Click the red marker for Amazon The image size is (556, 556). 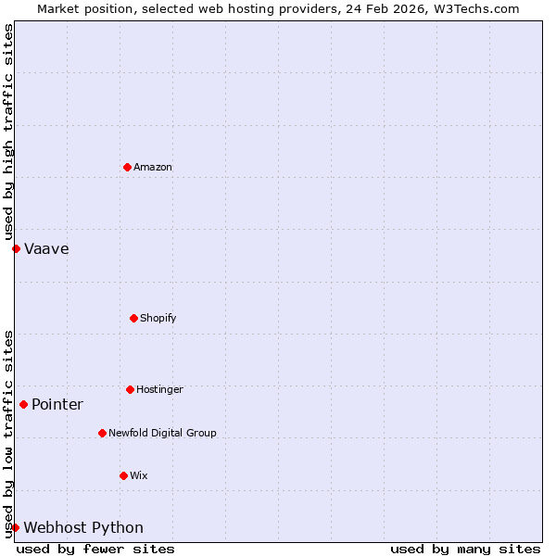pos(127,167)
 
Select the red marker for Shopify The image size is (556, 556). pos(133,318)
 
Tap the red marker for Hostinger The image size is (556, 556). pos(130,389)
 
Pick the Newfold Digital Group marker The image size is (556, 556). pos(102,433)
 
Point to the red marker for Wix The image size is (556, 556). pos(123,475)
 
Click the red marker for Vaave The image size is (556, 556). pos(16,248)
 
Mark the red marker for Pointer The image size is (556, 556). pos(23,404)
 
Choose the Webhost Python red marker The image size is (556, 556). pos(15,527)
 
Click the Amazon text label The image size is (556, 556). pos(153,168)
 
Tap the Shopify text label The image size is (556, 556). pos(158,319)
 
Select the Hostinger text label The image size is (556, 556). pos(159,390)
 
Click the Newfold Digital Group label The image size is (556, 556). pos(162,434)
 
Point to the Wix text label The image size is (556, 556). pos(139,476)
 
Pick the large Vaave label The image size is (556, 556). pos(46,249)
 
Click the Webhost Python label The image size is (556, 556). pos(83,528)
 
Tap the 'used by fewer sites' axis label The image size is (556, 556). pos(95,549)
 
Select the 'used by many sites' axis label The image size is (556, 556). pos(465,549)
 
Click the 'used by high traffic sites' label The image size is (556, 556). pos(8,133)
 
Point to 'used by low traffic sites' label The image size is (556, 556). pos(8,434)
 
